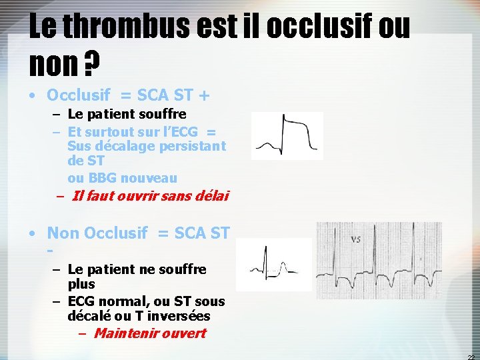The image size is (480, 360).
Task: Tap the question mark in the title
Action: pyautogui.click(x=93, y=65)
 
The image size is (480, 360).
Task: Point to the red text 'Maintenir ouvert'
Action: pyautogui.click(x=150, y=333)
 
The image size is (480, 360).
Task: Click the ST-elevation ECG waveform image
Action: pyautogui.click(x=287, y=135)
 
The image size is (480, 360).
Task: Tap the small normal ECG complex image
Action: pyautogui.click(x=273, y=264)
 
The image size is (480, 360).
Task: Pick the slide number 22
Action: pyautogui.click(x=471, y=355)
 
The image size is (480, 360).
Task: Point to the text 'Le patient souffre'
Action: pyautogui.click(x=127, y=115)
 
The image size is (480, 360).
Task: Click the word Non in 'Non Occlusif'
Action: pyautogui.click(x=63, y=233)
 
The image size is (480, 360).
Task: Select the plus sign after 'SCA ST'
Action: pyautogui.click(x=203, y=96)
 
